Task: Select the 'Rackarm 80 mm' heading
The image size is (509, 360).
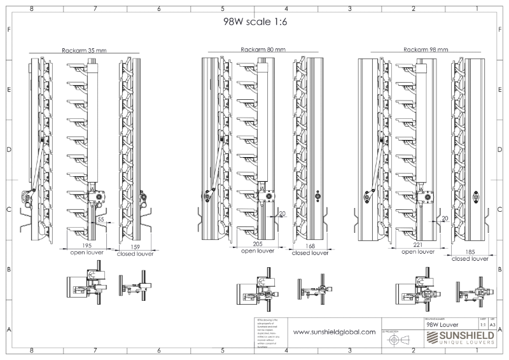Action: (x=263, y=50)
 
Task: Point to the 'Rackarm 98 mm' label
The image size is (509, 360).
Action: (x=426, y=50)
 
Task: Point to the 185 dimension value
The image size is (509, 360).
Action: (x=470, y=252)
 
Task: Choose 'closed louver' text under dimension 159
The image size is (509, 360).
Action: (x=136, y=253)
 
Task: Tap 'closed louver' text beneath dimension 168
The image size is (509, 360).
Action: (x=309, y=253)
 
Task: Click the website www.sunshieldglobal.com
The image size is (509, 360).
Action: (x=334, y=332)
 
